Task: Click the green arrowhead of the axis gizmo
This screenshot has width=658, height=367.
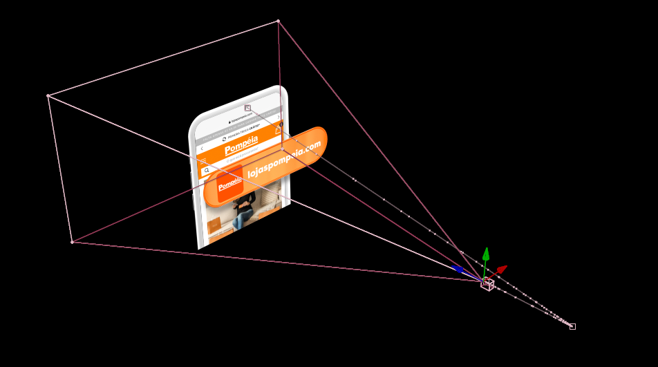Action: (x=486, y=253)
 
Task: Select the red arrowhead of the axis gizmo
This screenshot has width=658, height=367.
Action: (x=502, y=268)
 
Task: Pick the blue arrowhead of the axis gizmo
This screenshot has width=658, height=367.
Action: (x=457, y=269)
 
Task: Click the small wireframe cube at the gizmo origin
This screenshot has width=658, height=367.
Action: (x=487, y=283)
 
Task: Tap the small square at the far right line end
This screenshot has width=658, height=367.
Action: (x=572, y=326)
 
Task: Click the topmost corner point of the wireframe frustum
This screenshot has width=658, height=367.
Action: (x=278, y=21)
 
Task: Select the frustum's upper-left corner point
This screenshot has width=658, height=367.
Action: (x=48, y=95)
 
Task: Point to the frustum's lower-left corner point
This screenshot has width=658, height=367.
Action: (x=72, y=242)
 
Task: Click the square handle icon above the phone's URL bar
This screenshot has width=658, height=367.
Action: (x=247, y=108)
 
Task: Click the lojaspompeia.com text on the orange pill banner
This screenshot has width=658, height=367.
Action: (x=285, y=160)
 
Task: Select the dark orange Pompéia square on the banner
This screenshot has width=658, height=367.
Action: (x=230, y=187)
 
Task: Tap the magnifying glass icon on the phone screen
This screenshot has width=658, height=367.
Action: (x=206, y=170)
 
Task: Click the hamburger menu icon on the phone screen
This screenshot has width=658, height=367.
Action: (x=203, y=161)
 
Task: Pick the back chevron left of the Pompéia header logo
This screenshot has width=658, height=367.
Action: (x=202, y=149)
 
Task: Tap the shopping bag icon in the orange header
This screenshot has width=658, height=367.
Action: (x=278, y=130)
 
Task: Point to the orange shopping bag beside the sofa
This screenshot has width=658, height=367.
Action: (x=215, y=225)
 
